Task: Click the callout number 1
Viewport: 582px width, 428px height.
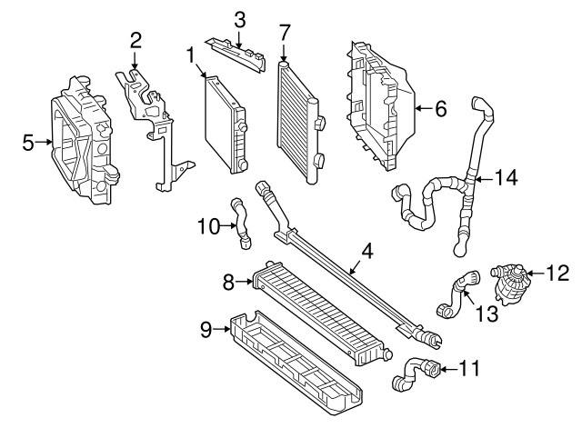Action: (x=191, y=55)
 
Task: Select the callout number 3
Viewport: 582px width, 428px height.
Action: (x=240, y=20)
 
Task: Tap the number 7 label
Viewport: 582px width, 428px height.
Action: (x=284, y=33)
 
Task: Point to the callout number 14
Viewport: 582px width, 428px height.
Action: (x=507, y=178)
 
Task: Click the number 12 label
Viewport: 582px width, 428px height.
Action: (x=557, y=274)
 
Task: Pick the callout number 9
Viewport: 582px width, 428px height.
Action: (x=206, y=330)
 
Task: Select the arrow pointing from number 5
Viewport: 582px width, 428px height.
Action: (x=44, y=142)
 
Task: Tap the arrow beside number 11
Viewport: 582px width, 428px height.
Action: (x=448, y=369)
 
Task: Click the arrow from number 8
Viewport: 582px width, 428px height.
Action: (x=244, y=282)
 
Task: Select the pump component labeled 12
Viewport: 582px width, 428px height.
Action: (x=508, y=283)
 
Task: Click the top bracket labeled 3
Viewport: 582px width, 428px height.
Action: (x=237, y=54)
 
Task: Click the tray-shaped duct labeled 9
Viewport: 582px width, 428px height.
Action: (x=295, y=362)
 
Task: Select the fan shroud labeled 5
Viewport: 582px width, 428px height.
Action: (x=84, y=141)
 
